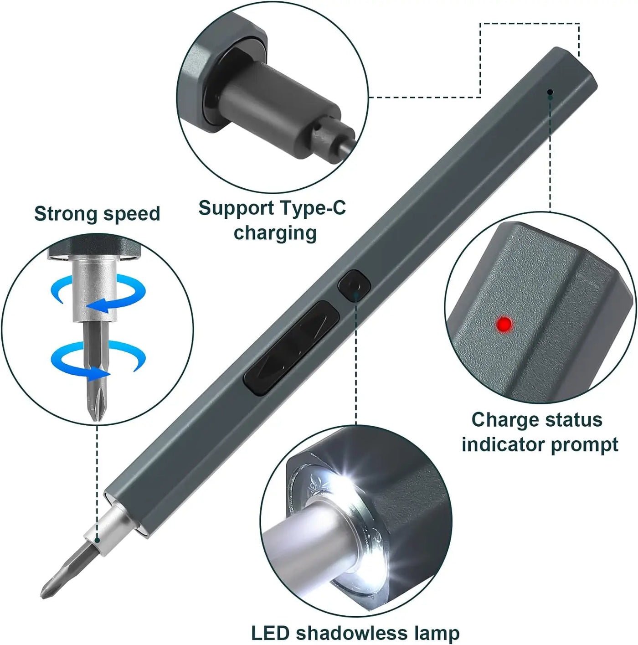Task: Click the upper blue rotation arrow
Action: coord(98,294)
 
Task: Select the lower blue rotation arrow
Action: coord(98,360)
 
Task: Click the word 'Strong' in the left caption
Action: coord(65,214)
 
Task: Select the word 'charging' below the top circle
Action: coord(275,232)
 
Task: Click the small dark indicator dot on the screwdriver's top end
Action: coord(550,93)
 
